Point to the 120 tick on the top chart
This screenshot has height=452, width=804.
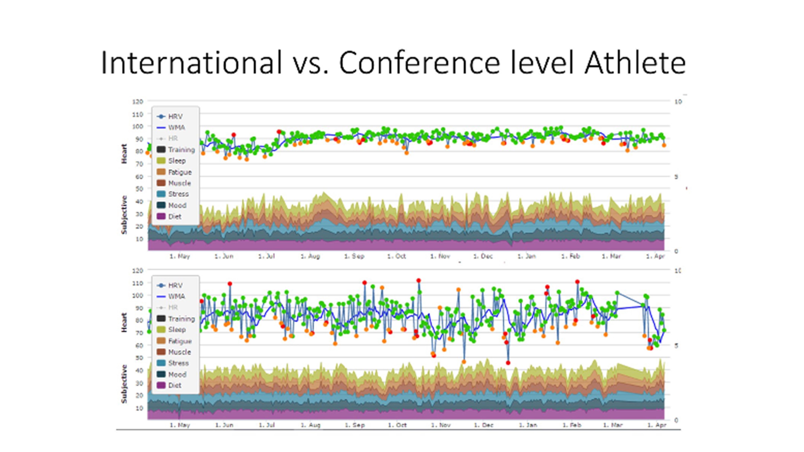pos(138,101)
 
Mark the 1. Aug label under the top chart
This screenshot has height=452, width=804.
pos(310,256)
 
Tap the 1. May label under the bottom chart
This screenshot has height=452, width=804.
pos(180,425)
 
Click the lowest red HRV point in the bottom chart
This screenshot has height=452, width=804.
pos(508,363)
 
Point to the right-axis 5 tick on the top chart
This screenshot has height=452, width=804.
pos(676,177)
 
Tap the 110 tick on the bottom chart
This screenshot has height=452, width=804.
pos(138,283)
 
